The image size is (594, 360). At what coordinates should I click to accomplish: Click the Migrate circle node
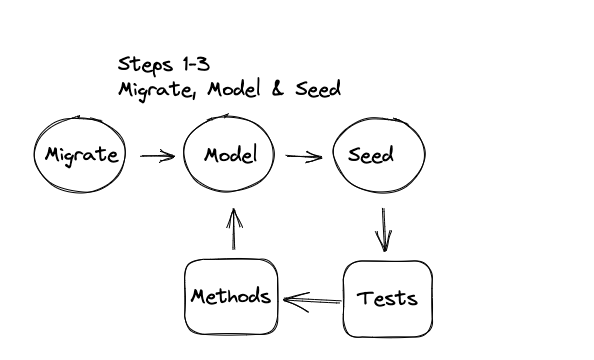81,156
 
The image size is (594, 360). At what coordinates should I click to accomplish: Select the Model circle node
229,156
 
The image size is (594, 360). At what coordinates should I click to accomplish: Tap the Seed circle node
379,156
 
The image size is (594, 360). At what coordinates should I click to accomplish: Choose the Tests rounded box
387,298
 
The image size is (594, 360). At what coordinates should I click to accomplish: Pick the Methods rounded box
231,298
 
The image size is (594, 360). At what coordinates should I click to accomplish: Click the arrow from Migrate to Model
157,156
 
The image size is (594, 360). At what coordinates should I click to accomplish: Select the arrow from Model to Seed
303,156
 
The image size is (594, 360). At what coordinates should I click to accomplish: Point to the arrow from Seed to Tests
382,229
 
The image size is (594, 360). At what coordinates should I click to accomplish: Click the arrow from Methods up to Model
233,229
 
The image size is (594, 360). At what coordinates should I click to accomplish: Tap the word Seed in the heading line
318,89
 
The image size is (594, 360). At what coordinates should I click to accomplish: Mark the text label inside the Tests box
387,298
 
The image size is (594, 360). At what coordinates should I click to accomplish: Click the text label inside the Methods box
231,298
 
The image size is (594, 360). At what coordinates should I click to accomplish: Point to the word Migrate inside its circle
81,156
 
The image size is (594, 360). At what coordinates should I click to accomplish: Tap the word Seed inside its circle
371,156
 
